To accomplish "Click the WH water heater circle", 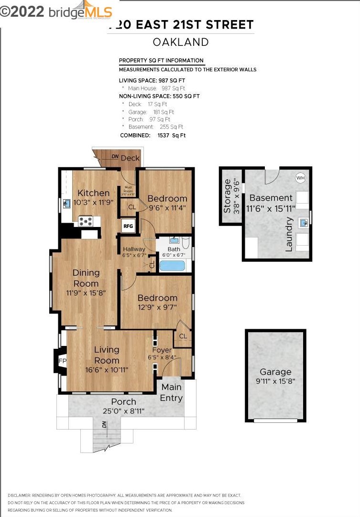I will coord(300,178).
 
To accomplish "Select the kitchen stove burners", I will coord(86,221).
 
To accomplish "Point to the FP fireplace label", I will coord(62,361).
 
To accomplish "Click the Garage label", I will coord(275,372).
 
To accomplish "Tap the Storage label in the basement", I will coord(228,195).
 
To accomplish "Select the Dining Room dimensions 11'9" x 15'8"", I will coord(86,292).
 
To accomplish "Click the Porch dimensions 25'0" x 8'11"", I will coord(124,411).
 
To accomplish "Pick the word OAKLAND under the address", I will coord(181,42).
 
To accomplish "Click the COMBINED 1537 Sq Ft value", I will coord(172,135).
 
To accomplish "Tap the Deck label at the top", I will coord(130,158).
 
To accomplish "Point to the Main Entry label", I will coord(171,392).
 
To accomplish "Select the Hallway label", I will coord(134,249).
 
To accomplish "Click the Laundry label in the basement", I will coord(289,234).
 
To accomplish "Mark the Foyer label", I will coord(162,350).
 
